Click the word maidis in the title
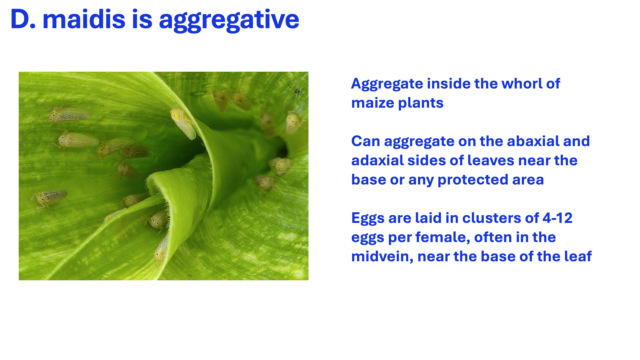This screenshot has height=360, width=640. (x=84, y=19)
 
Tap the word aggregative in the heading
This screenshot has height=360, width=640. (x=229, y=21)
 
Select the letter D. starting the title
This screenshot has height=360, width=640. (x=23, y=19)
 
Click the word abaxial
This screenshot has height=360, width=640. (x=519, y=141)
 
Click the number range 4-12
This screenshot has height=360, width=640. (x=557, y=218)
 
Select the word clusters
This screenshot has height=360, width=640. (x=492, y=218)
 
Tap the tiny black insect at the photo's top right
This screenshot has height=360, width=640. (x=297, y=91)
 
